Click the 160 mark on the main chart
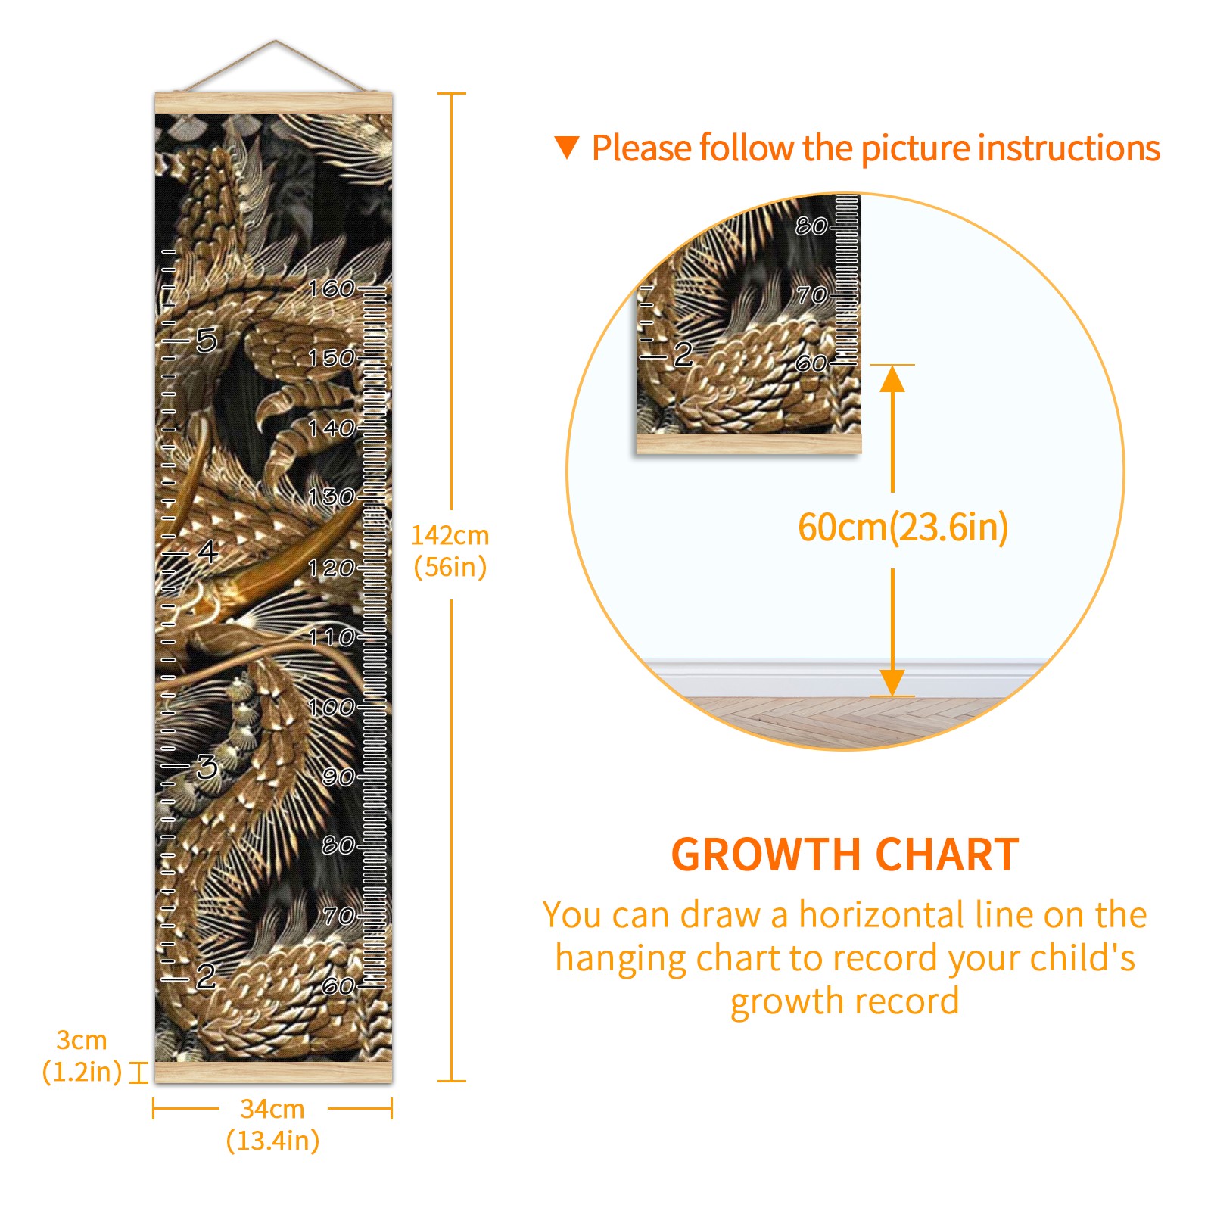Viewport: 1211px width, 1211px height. click(332, 288)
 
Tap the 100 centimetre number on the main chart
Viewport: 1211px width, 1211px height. click(332, 707)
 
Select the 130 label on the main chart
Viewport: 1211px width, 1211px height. click(332, 497)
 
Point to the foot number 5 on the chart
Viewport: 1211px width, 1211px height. click(207, 340)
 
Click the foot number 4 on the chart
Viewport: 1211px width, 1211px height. click(207, 551)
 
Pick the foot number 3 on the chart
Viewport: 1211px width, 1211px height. click(207, 767)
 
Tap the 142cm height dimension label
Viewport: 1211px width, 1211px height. click(450, 551)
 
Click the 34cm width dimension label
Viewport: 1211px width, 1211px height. click(272, 1125)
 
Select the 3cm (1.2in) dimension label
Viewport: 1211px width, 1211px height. click(82, 1056)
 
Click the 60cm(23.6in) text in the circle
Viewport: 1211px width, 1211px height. click(903, 528)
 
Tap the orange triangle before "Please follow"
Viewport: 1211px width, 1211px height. click(567, 147)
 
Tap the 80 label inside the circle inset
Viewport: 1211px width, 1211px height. click(811, 226)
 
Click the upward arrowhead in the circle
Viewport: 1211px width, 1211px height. click(892, 378)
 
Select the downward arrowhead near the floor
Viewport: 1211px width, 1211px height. click(892, 683)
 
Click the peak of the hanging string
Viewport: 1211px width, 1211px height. click(276, 41)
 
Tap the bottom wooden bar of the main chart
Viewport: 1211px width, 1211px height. click(273, 1072)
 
